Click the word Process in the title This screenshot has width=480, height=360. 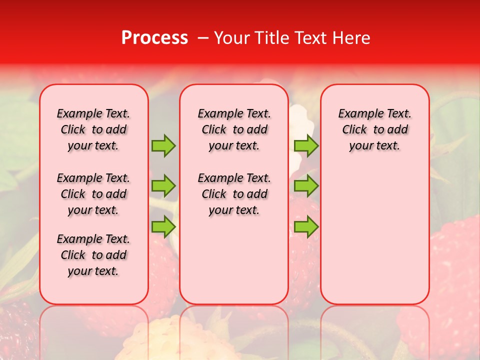154,38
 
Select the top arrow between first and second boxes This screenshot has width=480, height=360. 163,145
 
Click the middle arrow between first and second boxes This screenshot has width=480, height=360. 163,186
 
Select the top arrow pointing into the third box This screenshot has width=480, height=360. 306,145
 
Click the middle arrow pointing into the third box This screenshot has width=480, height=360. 306,186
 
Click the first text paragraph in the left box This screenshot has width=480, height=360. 93,129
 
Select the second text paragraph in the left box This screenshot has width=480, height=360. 93,194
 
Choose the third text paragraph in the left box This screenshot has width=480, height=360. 93,255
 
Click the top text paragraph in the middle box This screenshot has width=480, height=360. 234,129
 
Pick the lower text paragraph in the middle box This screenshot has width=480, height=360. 234,194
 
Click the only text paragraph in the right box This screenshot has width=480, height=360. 375,129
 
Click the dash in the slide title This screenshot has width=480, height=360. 203,38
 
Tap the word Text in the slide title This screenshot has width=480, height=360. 310,38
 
